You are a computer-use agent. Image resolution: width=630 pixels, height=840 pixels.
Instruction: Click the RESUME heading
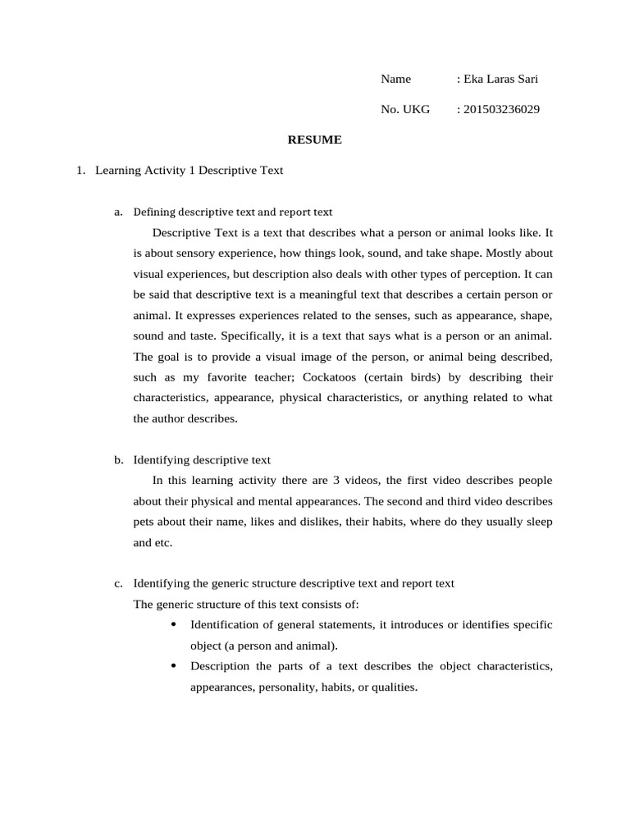click(314, 140)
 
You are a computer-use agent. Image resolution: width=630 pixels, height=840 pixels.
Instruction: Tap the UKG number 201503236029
click(501, 110)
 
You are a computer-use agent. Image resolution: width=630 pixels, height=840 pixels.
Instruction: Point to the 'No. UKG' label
click(405, 110)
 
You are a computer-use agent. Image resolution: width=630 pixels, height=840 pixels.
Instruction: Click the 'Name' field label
click(395, 80)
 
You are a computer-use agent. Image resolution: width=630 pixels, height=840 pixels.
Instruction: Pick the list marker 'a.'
click(119, 212)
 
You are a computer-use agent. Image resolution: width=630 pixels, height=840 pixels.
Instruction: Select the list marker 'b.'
click(119, 460)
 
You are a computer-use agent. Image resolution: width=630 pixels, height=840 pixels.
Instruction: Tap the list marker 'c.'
click(119, 584)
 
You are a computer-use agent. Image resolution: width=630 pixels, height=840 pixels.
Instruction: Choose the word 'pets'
click(143, 522)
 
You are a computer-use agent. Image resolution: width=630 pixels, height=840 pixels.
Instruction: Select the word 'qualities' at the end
click(394, 687)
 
